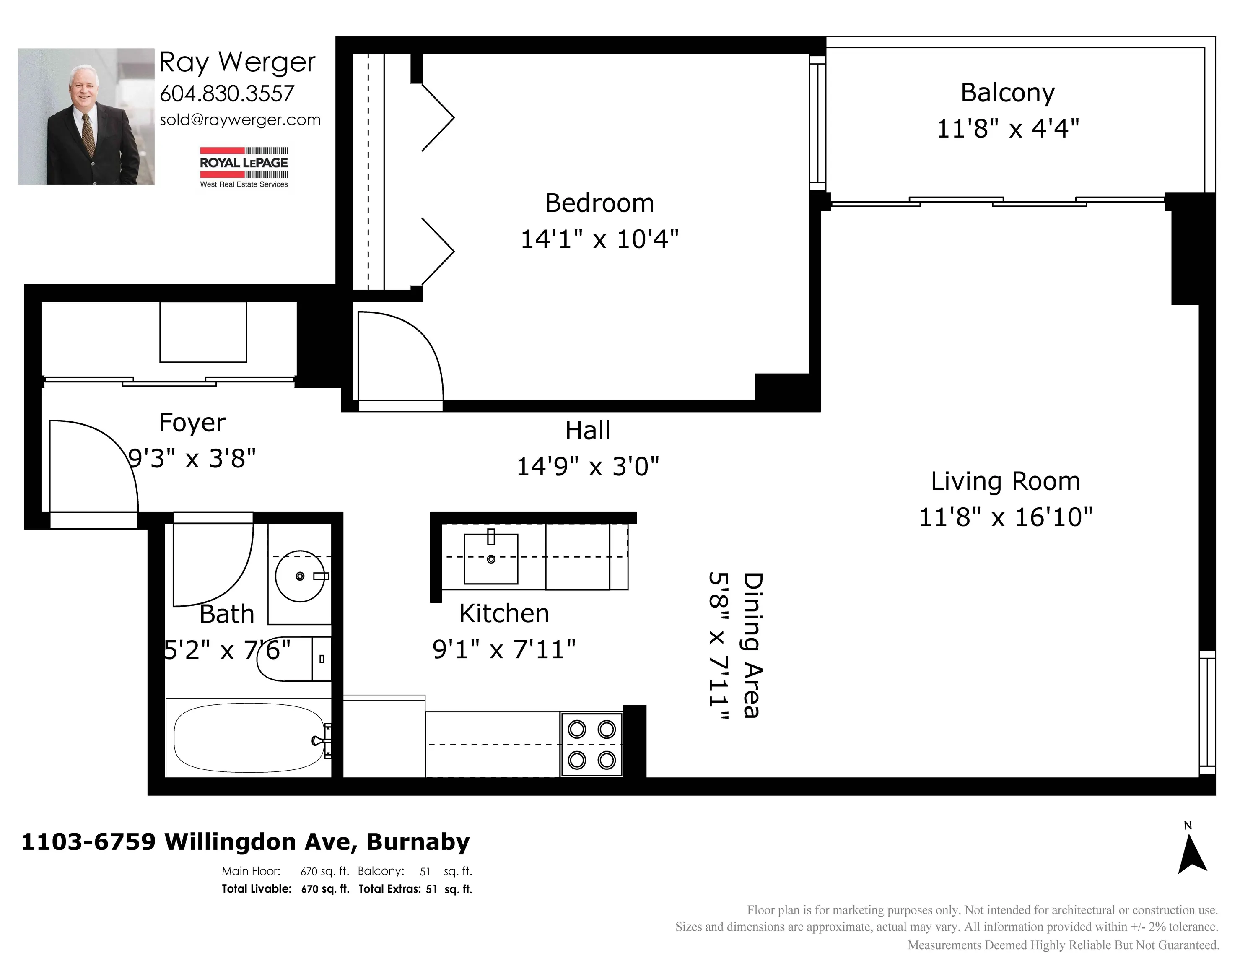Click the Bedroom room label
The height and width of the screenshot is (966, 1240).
tap(599, 203)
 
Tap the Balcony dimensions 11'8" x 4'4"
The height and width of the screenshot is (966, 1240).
tap(1008, 128)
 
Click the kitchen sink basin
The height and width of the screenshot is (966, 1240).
tap(491, 559)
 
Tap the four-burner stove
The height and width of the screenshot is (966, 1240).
tap(591, 745)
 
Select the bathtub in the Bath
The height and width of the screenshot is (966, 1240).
tap(250, 737)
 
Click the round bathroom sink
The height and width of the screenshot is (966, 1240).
tap(300, 576)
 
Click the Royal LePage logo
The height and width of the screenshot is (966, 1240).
tap(244, 167)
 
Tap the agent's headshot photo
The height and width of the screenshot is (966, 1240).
tap(86, 117)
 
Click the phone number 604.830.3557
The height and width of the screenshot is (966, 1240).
tap(227, 93)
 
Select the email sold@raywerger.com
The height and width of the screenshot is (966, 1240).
tap(240, 120)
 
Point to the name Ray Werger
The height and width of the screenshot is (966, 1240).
tap(237, 62)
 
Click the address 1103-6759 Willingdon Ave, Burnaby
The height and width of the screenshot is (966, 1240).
tap(245, 841)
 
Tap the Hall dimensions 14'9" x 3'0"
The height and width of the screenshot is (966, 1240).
tap(588, 467)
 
